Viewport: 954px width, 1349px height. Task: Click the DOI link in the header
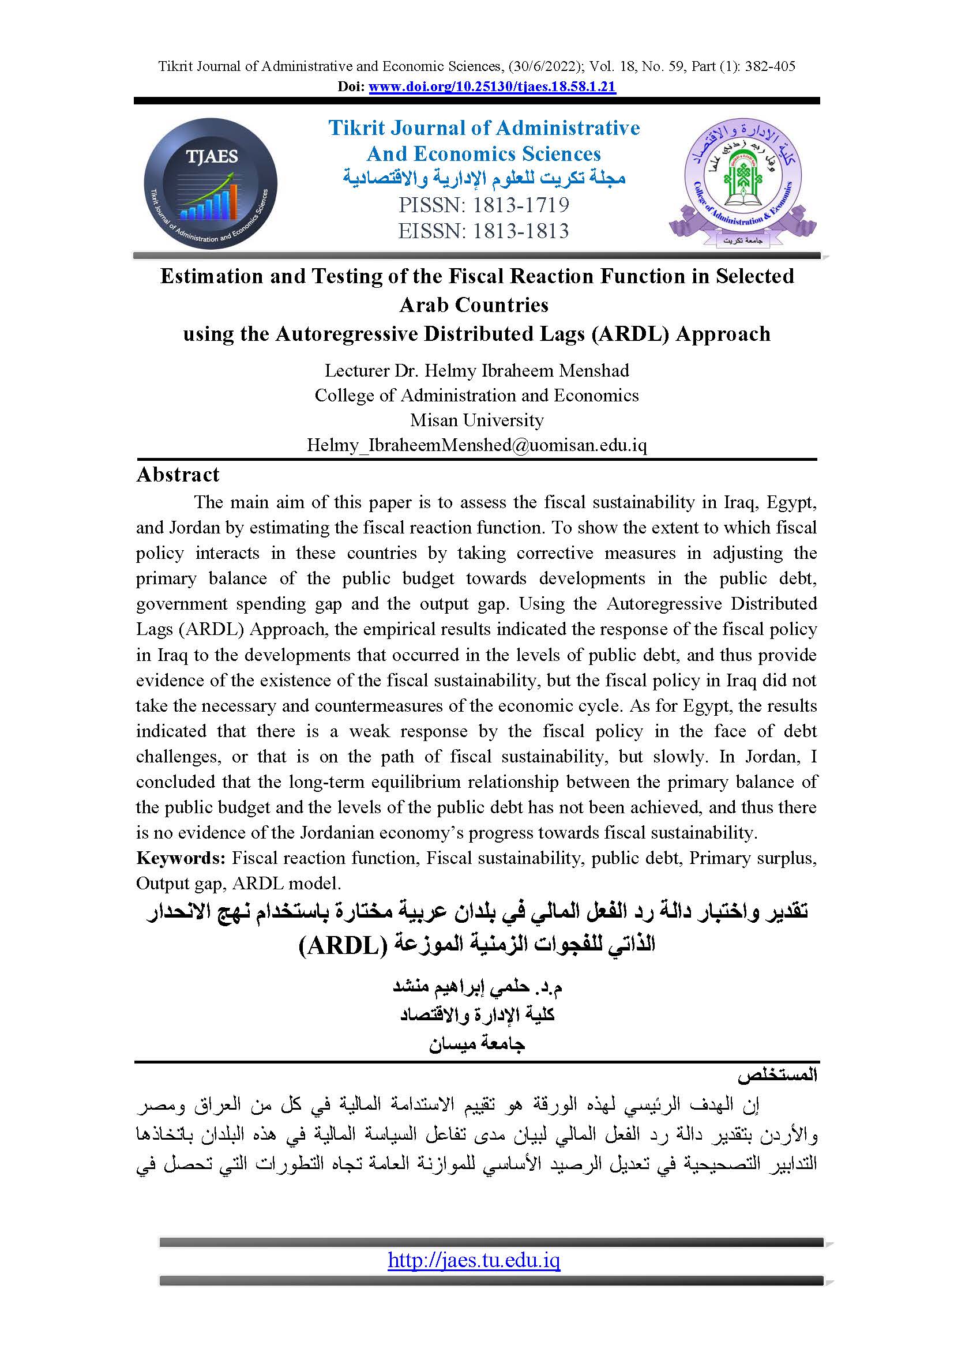click(x=491, y=87)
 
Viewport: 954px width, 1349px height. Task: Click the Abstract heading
click(x=178, y=475)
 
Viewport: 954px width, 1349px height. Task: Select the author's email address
click(x=476, y=445)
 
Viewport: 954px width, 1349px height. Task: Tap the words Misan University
click(x=476, y=420)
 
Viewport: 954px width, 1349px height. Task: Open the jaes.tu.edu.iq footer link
click(x=474, y=1260)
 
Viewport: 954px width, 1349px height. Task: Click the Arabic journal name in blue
click(x=484, y=178)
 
